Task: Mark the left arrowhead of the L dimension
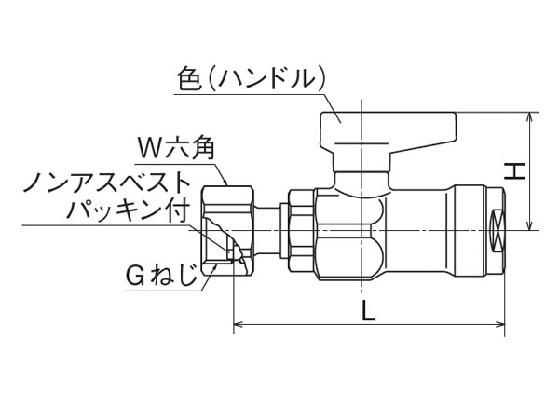(236, 325)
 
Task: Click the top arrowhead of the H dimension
(529, 117)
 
